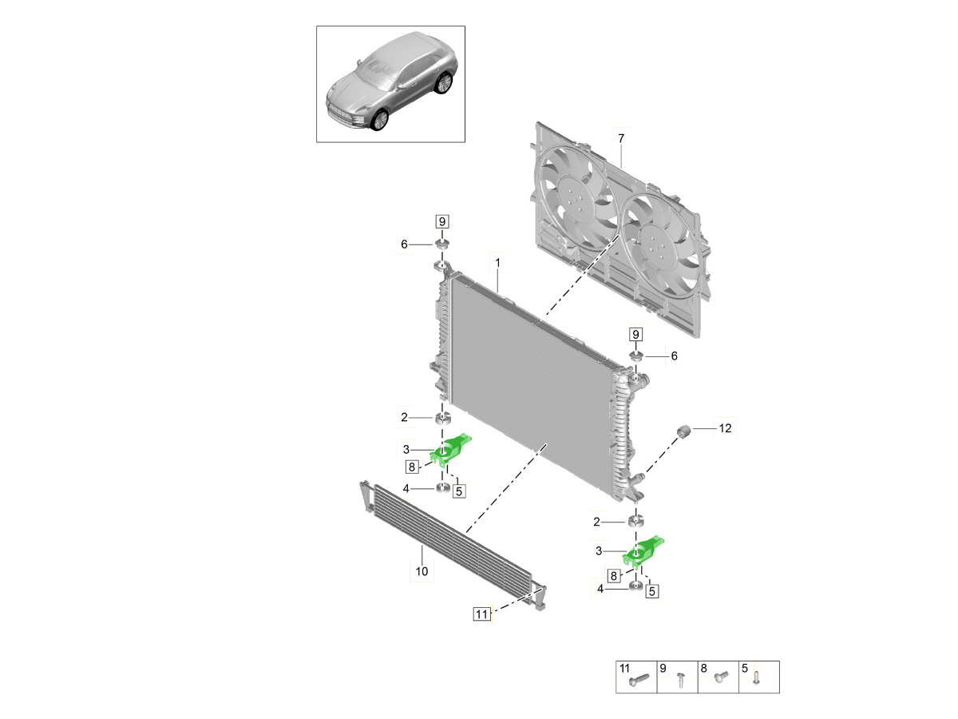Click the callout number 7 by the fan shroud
[x=620, y=138]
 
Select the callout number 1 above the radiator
[x=497, y=261]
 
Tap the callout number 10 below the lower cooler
[x=422, y=571]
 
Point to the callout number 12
[x=724, y=429]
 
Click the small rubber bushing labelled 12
[x=683, y=432]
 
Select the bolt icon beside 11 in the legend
[x=640, y=680]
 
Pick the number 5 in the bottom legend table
[x=745, y=667]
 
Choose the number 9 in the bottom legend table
[x=663, y=667]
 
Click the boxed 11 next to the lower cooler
[x=481, y=614]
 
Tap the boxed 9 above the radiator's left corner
[x=441, y=221]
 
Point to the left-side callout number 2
[x=405, y=416]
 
